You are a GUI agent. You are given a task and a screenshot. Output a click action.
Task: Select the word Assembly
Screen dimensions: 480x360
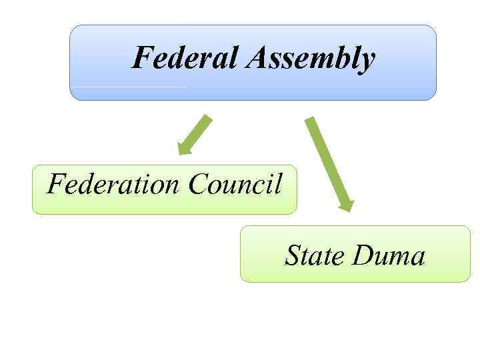tap(311, 59)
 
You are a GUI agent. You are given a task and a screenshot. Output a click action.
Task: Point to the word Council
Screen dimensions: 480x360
tap(235, 183)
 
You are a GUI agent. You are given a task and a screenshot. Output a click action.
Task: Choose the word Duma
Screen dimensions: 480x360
tap(389, 255)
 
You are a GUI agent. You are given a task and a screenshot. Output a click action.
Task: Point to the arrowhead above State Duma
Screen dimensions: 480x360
tap(345, 204)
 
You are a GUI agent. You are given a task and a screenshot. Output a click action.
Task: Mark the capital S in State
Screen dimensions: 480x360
tap(293, 255)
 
